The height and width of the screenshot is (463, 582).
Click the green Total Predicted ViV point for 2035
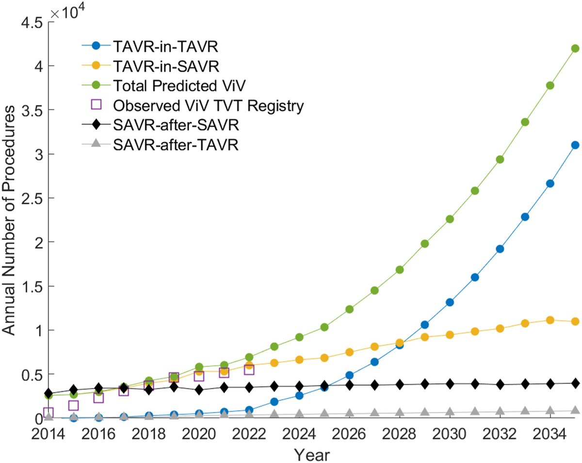click(x=575, y=48)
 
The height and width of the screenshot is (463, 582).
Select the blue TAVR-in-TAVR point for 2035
click(x=575, y=145)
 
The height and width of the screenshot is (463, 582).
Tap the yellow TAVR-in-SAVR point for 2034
click(x=550, y=320)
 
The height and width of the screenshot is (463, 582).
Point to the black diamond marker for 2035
click(x=575, y=383)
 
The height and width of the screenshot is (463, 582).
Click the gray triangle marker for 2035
click(x=575, y=410)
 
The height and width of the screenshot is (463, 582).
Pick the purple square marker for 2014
click(x=48, y=413)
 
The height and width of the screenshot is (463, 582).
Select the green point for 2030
click(x=450, y=219)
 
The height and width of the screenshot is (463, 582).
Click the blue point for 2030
click(x=450, y=302)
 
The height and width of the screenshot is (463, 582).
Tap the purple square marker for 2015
click(x=73, y=405)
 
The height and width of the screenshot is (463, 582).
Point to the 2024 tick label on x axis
click(x=299, y=432)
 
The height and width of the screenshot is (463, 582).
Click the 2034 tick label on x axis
click(x=550, y=432)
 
